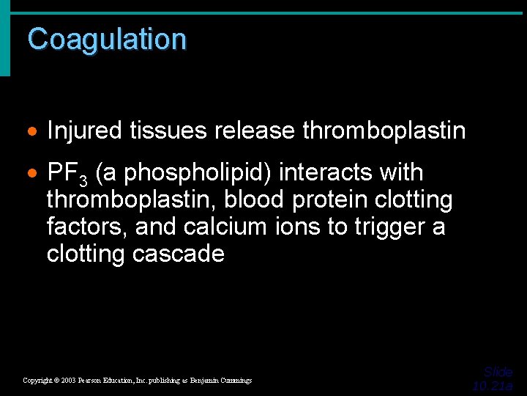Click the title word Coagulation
[107, 39]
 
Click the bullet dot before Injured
[33, 132]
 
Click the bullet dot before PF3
[33, 174]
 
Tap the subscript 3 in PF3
[83, 180]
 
